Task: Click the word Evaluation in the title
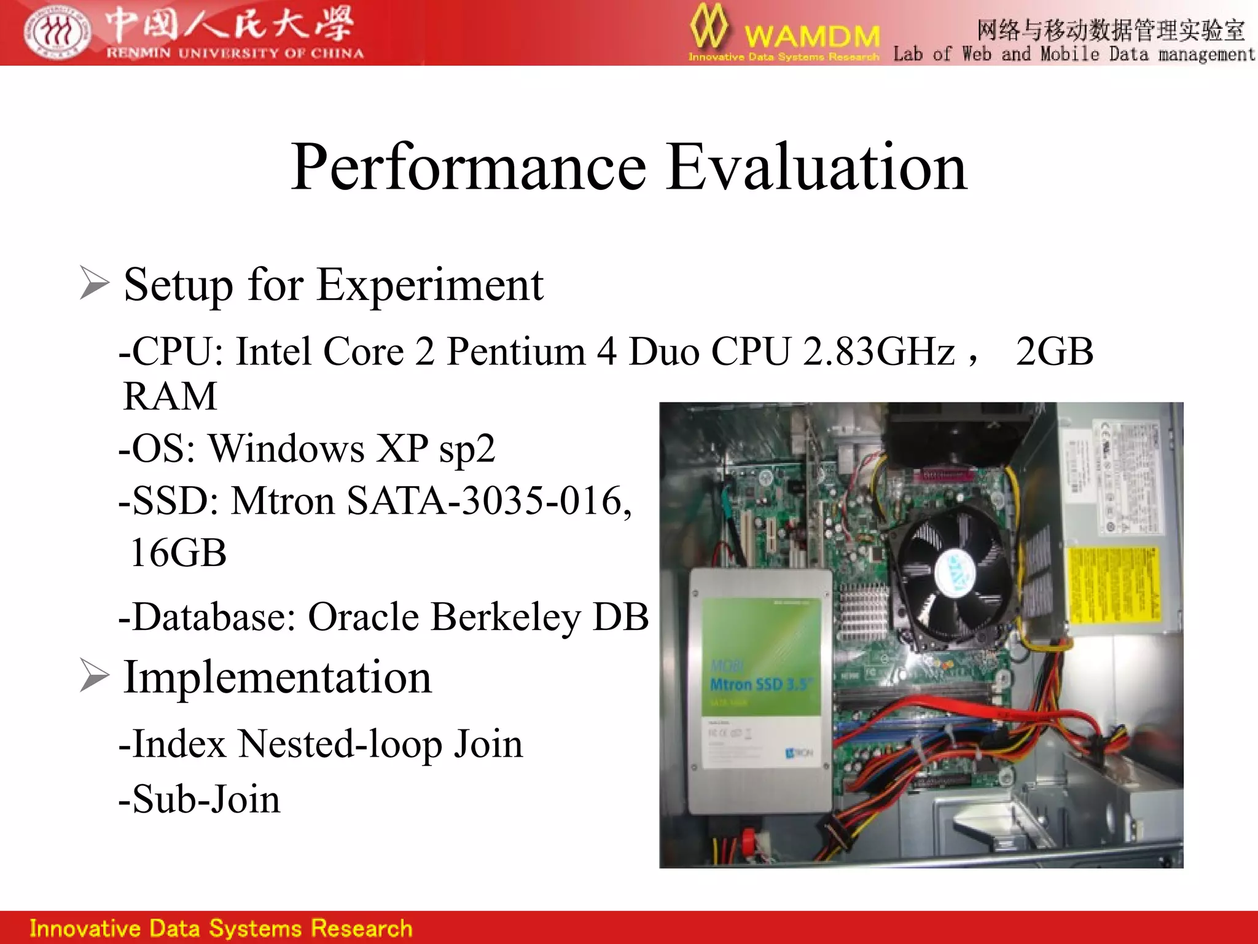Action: point(816,167)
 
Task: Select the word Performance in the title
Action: point(468,167)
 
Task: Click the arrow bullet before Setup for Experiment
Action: point(94,283)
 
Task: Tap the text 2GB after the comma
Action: point(1054,352)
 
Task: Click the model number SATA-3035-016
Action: point(489,500)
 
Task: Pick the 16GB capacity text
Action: point(178,553)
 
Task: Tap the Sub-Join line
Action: point(200,799)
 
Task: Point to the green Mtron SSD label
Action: point(761,656)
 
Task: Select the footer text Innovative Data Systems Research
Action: point(221,928)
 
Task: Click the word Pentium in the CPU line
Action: point(516,352)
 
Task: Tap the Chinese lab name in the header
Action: point(1110,29)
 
